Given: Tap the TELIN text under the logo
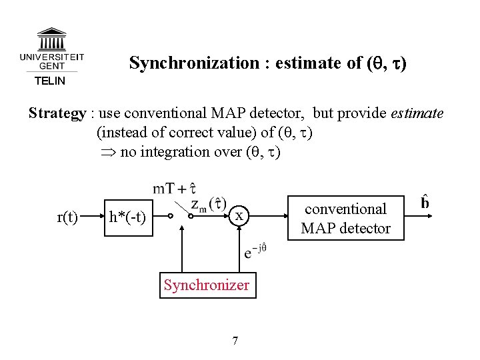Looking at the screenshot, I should coord(50,81).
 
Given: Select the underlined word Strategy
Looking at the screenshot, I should coord(56,113).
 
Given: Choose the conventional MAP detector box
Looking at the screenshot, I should coord(345,217).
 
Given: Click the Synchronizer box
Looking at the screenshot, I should coord(207,285).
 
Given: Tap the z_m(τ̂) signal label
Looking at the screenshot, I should coord(208,203).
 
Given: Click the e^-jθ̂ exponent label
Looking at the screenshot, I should coord(257,253).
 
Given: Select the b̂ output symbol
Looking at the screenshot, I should coord(425,201).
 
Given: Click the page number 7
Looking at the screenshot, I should coord(235,341).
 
